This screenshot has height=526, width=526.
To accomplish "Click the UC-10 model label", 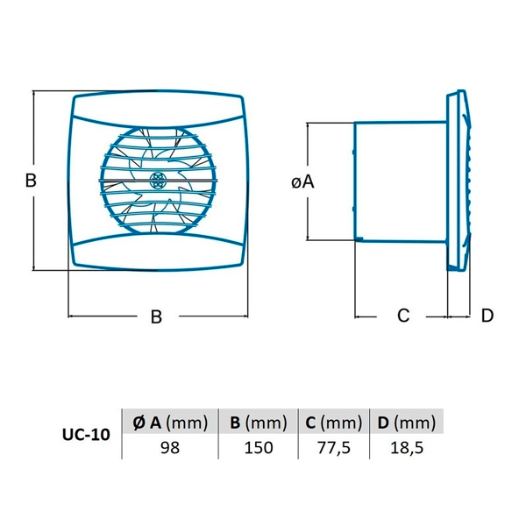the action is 86,435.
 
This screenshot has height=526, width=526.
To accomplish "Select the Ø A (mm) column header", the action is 170,423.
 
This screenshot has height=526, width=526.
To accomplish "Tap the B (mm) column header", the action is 259,423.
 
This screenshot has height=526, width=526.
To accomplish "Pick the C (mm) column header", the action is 333,423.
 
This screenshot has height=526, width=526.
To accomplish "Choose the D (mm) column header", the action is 406,423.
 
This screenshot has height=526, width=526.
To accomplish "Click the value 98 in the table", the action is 170,448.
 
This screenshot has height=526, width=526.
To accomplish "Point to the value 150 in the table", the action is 259,448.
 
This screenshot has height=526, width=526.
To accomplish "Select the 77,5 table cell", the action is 334,448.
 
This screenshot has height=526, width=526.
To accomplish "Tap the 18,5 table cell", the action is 407,448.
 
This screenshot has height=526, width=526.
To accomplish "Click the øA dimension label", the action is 302,182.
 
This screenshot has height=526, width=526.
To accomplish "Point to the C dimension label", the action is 403,316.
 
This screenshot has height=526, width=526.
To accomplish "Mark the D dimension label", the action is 487,316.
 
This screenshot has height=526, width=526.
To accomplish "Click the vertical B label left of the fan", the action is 31,180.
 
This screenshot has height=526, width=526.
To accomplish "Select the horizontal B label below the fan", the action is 156,316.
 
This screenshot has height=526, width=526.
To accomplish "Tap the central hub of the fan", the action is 157,180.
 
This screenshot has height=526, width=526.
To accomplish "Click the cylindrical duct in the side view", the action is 401,181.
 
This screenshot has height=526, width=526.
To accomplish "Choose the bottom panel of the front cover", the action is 158,252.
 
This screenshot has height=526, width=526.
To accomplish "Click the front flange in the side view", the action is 458,180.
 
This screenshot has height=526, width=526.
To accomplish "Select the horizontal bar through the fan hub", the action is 158,181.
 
